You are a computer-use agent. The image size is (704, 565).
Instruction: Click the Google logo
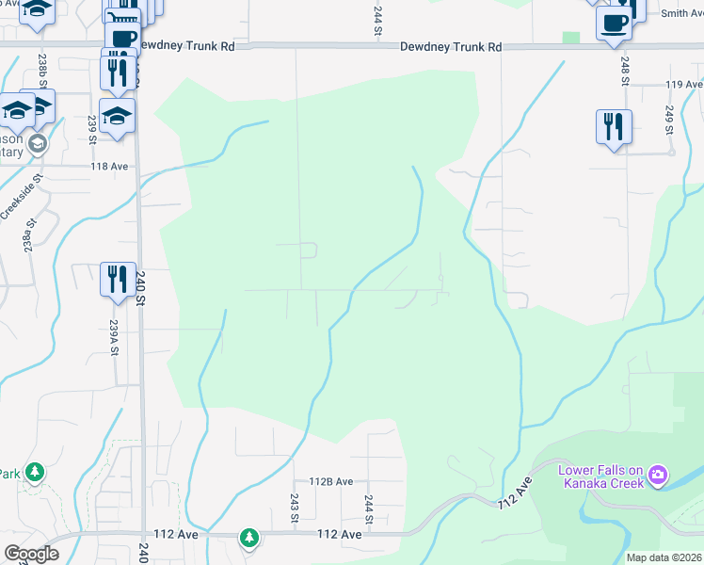(x=31, y=554)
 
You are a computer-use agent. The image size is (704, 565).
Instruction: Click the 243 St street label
(x=295, y=508)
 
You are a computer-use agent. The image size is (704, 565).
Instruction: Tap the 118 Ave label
(x=109, y=166)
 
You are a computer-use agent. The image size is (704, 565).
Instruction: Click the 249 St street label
(x=669, y=120)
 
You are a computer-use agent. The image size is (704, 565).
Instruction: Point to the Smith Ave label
(x=681, y=13)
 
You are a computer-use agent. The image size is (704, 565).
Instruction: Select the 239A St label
(x=113, y=336)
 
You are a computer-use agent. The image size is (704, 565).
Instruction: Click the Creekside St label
(x=22, y=196)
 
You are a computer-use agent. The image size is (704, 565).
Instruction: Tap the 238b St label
(x=42, y=71)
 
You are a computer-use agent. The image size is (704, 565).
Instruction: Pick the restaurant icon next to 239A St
(x=118, y=279)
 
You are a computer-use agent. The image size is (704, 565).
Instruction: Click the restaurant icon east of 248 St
(x=613, y=126)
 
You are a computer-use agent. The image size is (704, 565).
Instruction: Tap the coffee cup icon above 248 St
(x=613, y=24)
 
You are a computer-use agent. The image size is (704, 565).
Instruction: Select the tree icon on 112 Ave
(x=248, y=538)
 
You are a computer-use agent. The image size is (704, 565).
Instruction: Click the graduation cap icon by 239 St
(x=117, y=117)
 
